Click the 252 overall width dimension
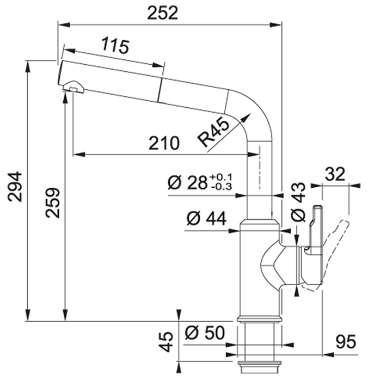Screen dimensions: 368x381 pyautogui.click(x=163, y=13)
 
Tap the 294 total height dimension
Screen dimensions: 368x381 pyautogui.click(x=15, y=187)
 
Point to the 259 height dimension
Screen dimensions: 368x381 pyautogui.click(x=52, y=202)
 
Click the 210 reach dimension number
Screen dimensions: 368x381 pyautogui.click(x=164, y=143)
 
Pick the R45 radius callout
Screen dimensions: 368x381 pyautogui.click(x=213, y=132)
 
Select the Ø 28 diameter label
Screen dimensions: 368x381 pyautogui.click(x=187, y=183)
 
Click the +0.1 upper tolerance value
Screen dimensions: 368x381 pyautogui.click(x=221, y=177)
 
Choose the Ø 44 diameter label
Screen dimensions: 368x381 pyautogui.click(x=207, y=218)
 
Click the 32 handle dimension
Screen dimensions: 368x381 pyautogui.click(x=335, y=174)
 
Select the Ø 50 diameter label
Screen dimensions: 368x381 pyautogui.click(x=205, y=333)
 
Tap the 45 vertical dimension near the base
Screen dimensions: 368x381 pyautogui.click(x=167, y=342)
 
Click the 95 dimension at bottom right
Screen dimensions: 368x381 pyautogui.click(x=346, y=342)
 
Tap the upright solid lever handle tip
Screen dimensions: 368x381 pyautogui.click(x=318, y=207)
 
